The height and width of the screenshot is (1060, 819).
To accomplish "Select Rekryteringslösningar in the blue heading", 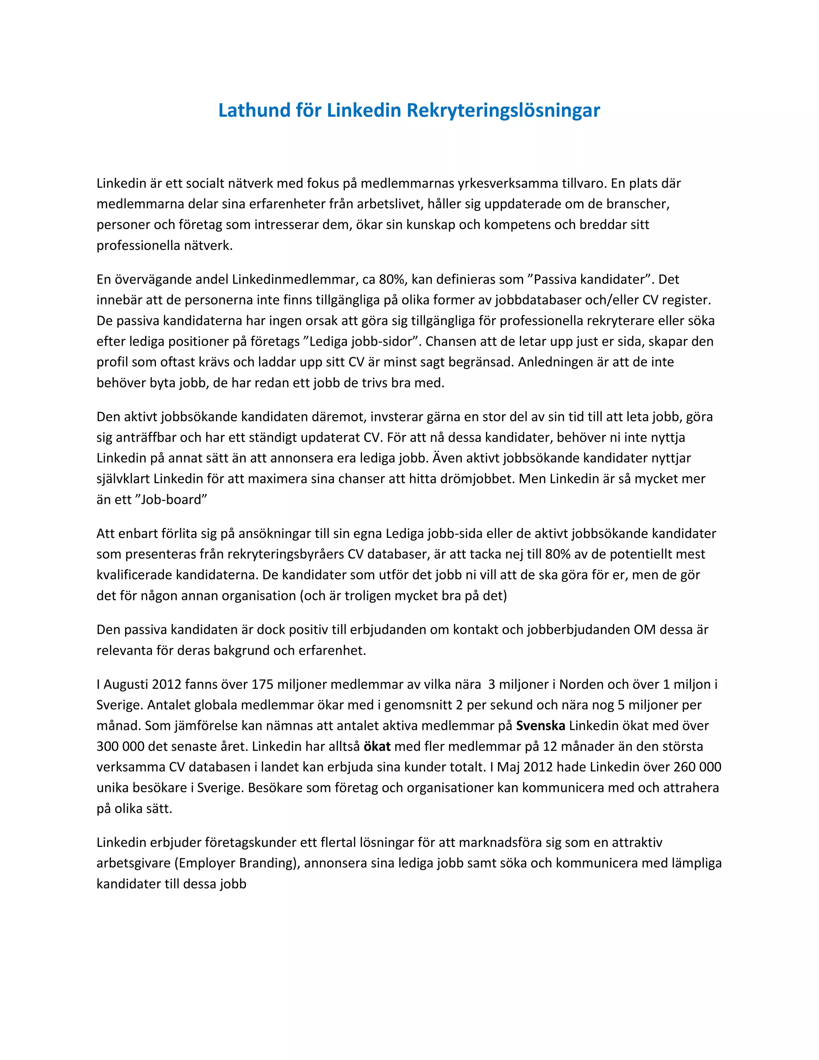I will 503,111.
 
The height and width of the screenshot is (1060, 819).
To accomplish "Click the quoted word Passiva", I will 557,280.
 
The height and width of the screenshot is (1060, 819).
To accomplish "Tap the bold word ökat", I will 377,746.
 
